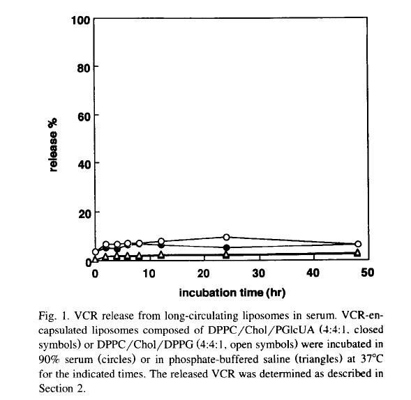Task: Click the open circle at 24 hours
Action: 227,237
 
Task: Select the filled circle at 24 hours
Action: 227,247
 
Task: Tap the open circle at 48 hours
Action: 358,244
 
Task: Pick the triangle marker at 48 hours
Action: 357,253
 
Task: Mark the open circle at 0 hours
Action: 96,252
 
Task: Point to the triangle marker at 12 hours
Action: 161,255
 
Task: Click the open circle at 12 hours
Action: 161,241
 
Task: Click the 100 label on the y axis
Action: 81,20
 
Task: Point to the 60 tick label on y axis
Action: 84,116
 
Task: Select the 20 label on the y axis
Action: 84,214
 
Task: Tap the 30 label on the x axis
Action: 259,273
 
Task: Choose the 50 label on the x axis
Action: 368,272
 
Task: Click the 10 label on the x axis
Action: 149,274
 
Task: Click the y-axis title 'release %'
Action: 53,145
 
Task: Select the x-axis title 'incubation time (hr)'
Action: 232,293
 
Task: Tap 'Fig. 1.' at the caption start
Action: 54,316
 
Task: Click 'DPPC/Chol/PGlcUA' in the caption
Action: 261,330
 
